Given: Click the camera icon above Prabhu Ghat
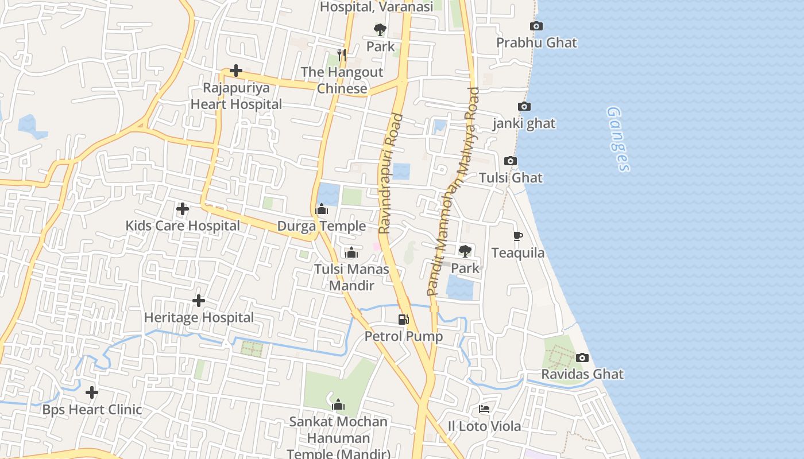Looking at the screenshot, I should pyautogui.click(x=536, y=26).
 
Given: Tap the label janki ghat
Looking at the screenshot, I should pyautogui.click(x=524, y=123).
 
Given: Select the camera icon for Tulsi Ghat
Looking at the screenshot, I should pyautogui.click(x=510, y=161).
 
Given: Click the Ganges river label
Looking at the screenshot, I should pyautogui.click(x=618, y=139).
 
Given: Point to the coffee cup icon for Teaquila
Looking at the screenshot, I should pyautogui.click(x=517, y=236).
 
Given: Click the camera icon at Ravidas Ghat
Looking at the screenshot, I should pyautogui.click(x=582, y=358).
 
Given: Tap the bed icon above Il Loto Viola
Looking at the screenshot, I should pyautogui.click(x=484, y=409).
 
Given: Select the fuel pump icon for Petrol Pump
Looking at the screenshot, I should pyautogui.click(x=404, y=320).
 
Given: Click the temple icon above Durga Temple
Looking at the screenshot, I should pyautogui.click(x=322, y=209).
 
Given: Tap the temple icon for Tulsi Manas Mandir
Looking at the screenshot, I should pyautogui.click(x=351, y=252).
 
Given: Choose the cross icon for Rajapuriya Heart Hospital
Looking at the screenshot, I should pyautogui.click(x=236, y=71).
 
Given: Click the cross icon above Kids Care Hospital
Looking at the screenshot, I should pyautogui.click(x=183, y=209).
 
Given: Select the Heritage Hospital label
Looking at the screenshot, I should pyautogui.click(x=199, y=317).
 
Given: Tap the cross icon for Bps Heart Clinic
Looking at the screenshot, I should pyautogui.click(x=92, y=393).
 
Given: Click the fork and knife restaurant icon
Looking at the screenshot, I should pyautogui.click(x=342, y=55).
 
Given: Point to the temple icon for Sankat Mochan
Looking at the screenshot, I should pyautogui.click(x=338, y=405).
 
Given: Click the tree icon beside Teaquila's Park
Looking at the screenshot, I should pyautogui.click(x=465, y=251).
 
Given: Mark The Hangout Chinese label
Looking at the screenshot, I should pyautogui.click(x=342, y=80).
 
